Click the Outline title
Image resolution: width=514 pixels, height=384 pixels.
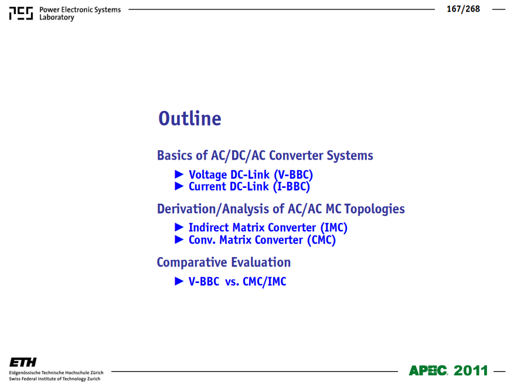(190, 118)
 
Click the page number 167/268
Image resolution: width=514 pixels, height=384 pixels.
(463, 9)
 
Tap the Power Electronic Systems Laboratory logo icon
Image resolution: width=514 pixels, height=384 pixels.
(21, 14)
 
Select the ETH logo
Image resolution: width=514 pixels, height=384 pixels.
(23, 362)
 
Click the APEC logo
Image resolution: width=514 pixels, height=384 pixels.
(428, 370)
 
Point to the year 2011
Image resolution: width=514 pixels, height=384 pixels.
(471, 370)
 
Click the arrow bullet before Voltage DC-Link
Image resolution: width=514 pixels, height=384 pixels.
(179, 174)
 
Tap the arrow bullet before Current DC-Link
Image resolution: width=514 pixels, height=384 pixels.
(179, 186)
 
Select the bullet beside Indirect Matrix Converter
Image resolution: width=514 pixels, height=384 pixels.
(179, 227)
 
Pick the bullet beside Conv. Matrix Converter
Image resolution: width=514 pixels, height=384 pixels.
(179, 240)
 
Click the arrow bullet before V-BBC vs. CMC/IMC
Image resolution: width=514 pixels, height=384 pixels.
(179, 281)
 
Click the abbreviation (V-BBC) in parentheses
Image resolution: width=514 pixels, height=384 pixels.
(294, 175)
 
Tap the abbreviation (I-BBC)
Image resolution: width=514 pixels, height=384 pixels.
(291, 187)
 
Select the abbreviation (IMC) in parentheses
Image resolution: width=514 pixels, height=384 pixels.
(333, 228)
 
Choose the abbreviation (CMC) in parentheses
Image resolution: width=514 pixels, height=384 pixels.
(321, 240)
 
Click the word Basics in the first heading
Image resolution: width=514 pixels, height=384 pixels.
(175, 156)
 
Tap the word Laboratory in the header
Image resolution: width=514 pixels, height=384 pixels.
(57, 18)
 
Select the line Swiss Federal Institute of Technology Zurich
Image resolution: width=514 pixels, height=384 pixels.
(55, 379)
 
